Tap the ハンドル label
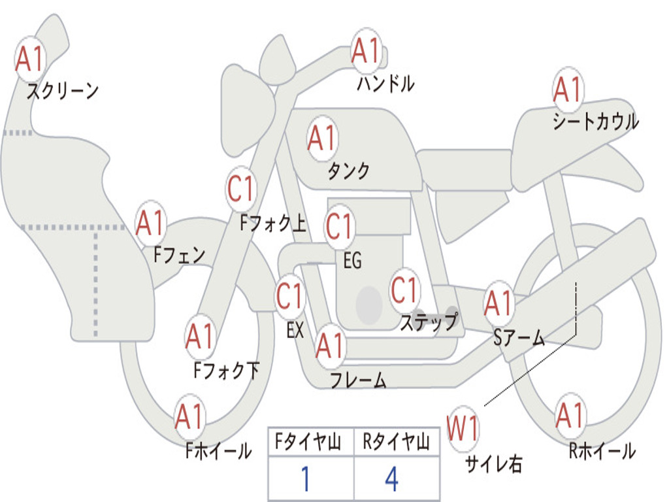(x=385, y=84)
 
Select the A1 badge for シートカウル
(x=568, y=90)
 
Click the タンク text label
(x=348, y=171)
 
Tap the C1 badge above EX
(x=290, y=297)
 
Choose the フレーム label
(x=358, y=380)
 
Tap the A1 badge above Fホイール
(x=190, y=416)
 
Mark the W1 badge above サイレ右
(x=463, y=429)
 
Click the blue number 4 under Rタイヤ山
(x=391, y=480)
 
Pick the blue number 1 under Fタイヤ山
(x=305, y=480)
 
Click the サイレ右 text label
(x=493, y=463)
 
